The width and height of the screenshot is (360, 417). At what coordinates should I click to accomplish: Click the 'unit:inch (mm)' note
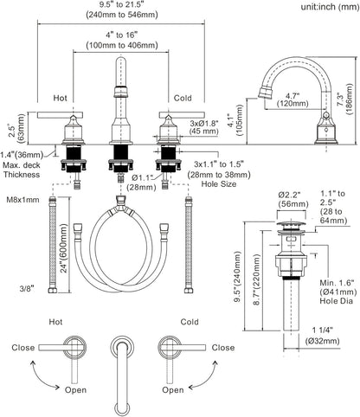[330, 7]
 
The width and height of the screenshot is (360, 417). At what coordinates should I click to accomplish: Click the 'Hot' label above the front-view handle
[60, 98]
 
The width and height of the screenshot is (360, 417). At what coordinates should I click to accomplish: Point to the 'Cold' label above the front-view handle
[183, 98]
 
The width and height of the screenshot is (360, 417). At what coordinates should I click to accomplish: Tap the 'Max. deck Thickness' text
[22, 170]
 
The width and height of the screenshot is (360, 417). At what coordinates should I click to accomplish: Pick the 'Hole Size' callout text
[219, 183]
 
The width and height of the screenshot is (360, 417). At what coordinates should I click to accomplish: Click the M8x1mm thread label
[23, 200]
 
